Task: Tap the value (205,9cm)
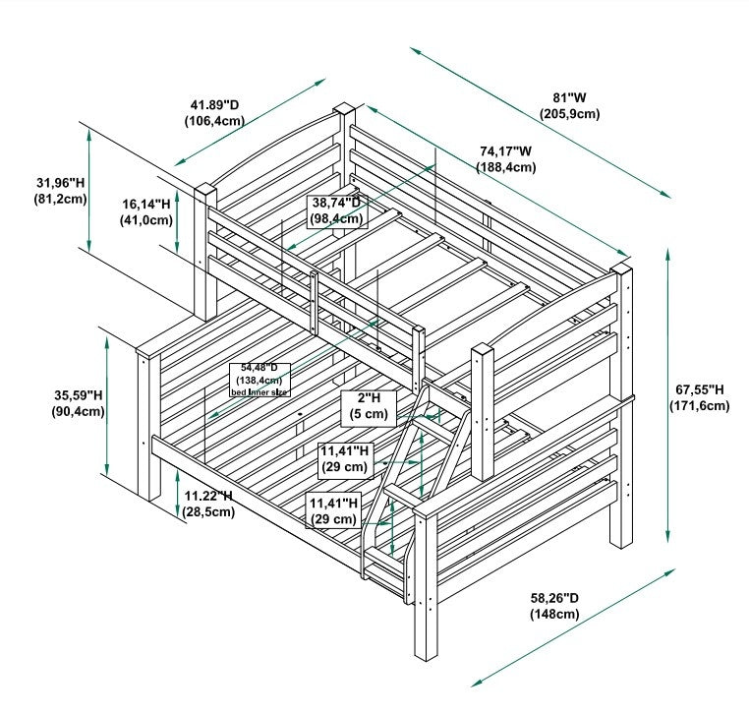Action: tap(570, 114)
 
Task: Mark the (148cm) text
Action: tap(556, 614)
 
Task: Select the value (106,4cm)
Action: tap(214, 121)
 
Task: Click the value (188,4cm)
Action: tap(506, 167)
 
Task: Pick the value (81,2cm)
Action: tap(60, 199)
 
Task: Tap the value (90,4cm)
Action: tap(79, 411)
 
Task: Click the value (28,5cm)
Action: tap(208, 511)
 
